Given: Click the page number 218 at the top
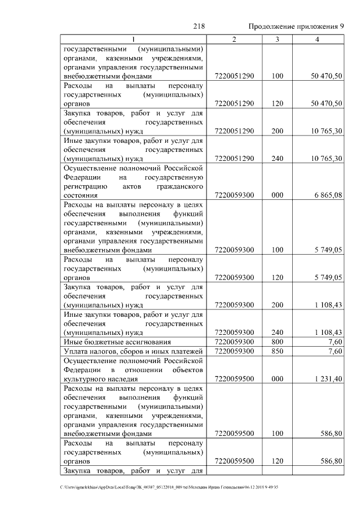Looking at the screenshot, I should pos(199,27).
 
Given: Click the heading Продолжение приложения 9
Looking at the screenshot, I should pos(296,27).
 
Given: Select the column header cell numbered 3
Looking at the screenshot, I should pos(277,39).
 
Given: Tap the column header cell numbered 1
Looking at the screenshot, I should pos(134,39).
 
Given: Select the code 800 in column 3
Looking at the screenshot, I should pos(277,342).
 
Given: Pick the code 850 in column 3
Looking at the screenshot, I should pos(277,351).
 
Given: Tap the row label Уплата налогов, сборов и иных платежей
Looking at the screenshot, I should pos(133,351).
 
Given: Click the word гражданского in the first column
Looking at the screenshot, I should pos(179,185).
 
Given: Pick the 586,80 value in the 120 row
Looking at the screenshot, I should pos(331,461).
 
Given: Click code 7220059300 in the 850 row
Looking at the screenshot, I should pos(235,351).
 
